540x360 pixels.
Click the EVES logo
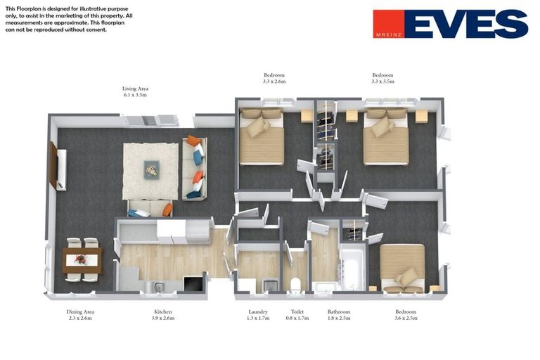click(x=451, y=23)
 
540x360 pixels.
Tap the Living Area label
click(x=135, y=89)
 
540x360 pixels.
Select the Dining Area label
click(x=80, y=311)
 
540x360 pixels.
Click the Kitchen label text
click(x=163, y=311)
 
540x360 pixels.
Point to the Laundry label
click(x=258, y=311)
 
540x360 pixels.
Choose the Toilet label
click(x=297, y=311)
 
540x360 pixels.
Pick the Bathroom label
click(x=339, y=311)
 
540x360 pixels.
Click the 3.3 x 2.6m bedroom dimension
click(x=274, y=82)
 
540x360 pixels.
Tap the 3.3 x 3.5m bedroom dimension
click(x=382, y=82)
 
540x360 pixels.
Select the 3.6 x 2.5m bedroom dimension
click(x=406, y=318)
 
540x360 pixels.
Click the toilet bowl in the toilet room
click(x=296, y=285)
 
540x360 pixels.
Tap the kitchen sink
click(x=159, y=287)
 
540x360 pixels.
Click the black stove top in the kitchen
click(x=194, y=284)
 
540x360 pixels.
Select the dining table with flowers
click(x=82, y=260)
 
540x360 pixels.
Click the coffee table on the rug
click(x=152, y=170)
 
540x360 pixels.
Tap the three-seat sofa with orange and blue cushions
click(x=195, y=168)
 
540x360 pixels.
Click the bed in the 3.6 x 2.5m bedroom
click(x=402, y=269)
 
